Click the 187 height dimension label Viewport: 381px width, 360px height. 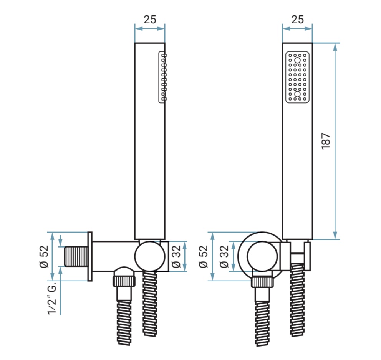(326, 141)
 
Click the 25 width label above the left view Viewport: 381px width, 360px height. (150, 20)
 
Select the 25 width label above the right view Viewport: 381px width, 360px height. (297, 20)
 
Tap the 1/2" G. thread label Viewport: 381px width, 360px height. (52, 298)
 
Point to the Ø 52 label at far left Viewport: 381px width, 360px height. (44, 257)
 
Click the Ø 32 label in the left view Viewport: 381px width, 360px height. (176, 256)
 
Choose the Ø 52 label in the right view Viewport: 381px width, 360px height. (204, 257)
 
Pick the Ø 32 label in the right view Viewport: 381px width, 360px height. (224, 257)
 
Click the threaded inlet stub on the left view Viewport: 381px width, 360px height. (76, 256)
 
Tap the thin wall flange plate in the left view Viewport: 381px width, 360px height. (90, 256)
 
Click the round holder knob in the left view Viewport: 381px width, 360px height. (150, 256)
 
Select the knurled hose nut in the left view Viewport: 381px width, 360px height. (124, 281)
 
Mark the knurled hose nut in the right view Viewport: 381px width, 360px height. (262, 282)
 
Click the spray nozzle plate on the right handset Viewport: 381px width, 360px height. (297, 77)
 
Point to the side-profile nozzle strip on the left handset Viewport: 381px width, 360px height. (162, 77)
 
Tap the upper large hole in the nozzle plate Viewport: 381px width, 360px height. (297, 60)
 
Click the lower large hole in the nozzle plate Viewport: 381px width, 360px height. (297, 94)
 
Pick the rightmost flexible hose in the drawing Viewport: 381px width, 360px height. (297, 300)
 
